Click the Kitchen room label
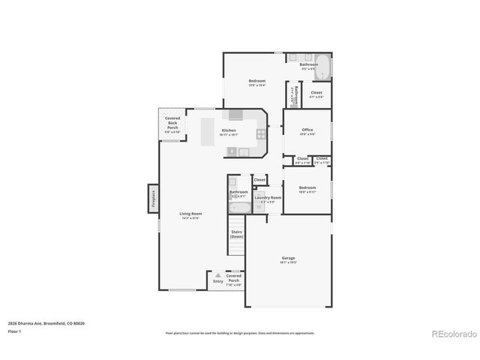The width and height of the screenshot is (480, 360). [x=229, y=130]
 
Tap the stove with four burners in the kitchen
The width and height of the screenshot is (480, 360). [x=261, y=135]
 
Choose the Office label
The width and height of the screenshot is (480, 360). [x=307, y=130]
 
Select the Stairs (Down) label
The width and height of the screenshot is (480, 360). [x=236, y=234]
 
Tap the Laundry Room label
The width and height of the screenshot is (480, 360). [x=268, y=198]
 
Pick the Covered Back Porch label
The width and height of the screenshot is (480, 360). [x=172, y=123]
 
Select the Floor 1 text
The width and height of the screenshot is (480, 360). [x=14, y=331]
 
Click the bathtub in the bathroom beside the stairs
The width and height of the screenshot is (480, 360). [x=239, y=208]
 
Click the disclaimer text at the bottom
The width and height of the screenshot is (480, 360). [x=240, y=332]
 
